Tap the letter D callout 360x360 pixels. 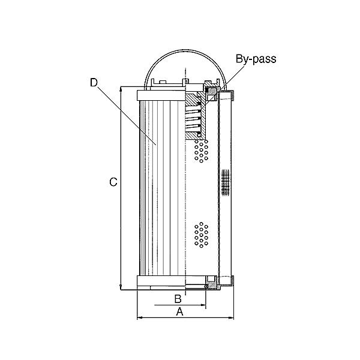pyautogui.click(x=94, y=83)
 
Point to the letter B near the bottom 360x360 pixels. pyautogui.click(x=178, y=298)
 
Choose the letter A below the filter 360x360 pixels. pyautogui.click(x=179, y=311)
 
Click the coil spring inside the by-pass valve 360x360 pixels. pyautogui.click(x=192, y=120)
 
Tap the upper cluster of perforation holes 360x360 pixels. pyautogui.click(x=201, y=151)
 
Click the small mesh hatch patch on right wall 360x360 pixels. pyautogui.click(x=226, y=182)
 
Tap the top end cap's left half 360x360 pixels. pyautogui.click(x=161, y=95)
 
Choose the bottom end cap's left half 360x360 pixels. pyautogui.click(x=161, y=281)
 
